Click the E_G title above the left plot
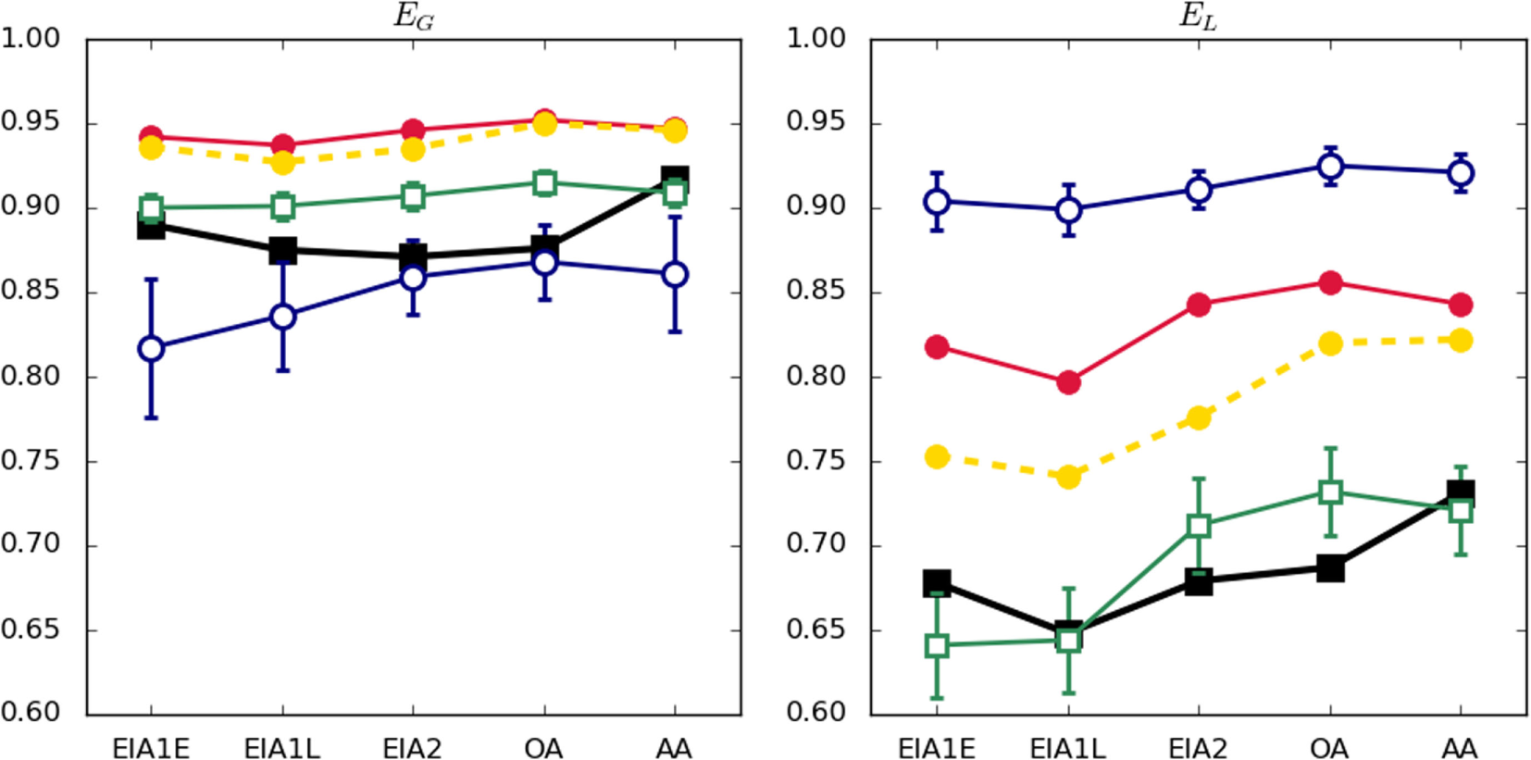414,17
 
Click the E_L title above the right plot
1198,17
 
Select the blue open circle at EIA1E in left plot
151,349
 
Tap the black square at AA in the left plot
675,178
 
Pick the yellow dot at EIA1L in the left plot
282,163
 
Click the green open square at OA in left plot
544,182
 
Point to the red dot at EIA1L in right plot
1068,382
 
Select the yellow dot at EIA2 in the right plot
1199,417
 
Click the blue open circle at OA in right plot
1330,167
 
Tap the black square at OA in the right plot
1330,568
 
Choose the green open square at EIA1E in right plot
937,645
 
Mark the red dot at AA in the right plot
1461,305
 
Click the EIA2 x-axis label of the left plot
413,747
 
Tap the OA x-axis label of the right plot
1329,747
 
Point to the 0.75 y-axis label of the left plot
30,460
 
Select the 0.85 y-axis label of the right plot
815,291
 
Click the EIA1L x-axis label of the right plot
1067,747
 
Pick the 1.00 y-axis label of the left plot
30,39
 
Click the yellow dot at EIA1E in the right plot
937,456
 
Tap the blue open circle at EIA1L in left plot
282,317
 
